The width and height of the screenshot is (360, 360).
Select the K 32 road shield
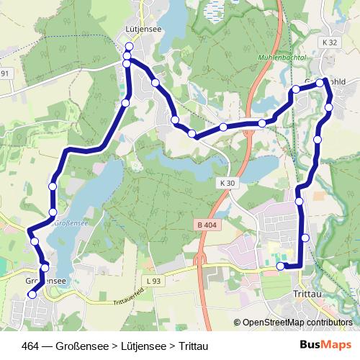330,42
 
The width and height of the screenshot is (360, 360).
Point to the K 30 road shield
226,184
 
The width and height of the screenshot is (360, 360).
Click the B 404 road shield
205,225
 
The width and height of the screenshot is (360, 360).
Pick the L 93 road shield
152,279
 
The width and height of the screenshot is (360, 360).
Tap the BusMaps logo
326,345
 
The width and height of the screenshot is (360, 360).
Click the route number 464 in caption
31,345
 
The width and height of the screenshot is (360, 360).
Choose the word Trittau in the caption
193,345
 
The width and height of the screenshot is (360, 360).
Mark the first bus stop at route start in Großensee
32,294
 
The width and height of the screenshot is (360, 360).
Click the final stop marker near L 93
281,266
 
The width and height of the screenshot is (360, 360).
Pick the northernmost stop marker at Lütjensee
128,47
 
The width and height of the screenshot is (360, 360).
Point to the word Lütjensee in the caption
145,345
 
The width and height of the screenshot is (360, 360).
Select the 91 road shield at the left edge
5,73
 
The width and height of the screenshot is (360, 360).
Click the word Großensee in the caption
86,345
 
